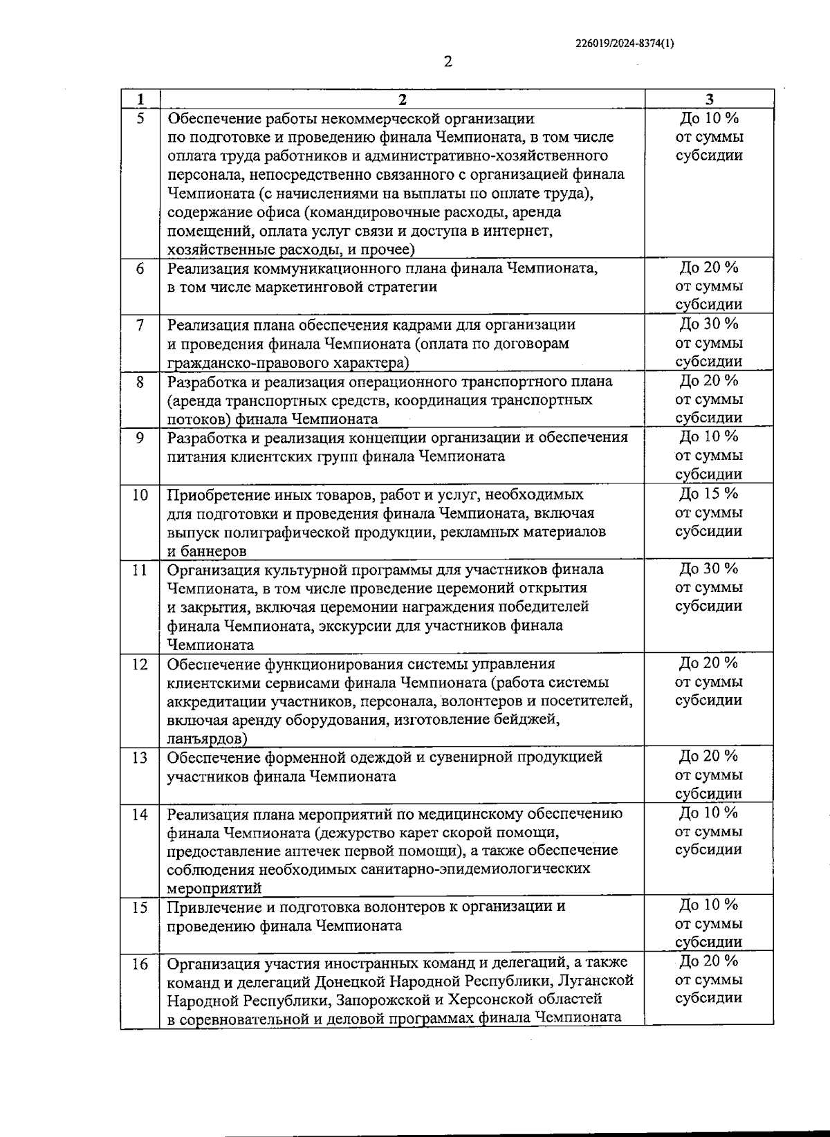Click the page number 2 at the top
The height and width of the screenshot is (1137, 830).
(448, 62)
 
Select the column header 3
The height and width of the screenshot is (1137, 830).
(709, 99)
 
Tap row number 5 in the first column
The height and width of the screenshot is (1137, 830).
(140, 118)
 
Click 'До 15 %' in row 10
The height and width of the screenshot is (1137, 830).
(709, 494)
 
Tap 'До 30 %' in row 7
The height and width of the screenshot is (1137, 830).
(709, 324)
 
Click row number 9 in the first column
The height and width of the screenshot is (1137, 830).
(140, 437)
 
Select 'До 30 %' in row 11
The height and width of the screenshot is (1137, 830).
(709, 568)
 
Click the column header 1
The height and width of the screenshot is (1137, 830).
(140, 99)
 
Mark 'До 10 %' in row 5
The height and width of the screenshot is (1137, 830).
(709, 118)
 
